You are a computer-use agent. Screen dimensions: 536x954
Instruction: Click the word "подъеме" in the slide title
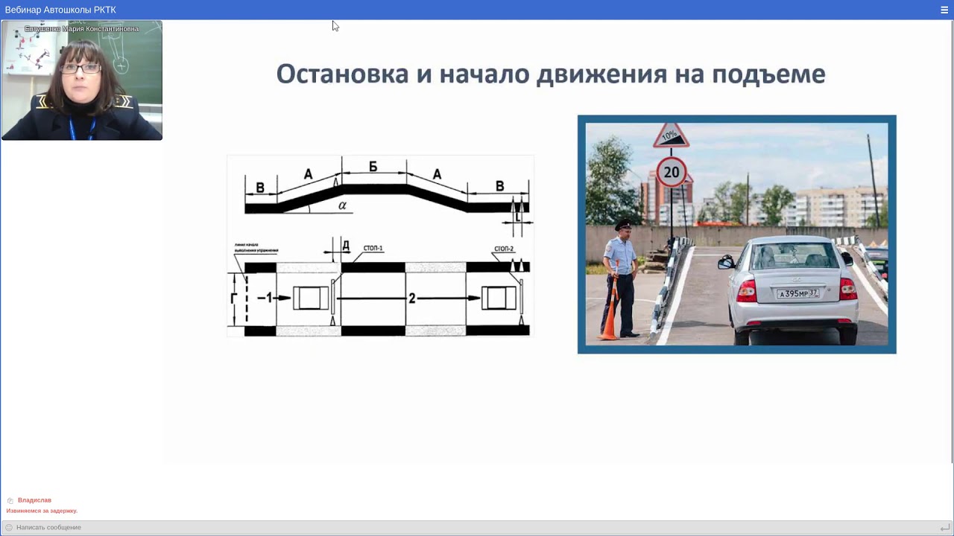coord(768,74)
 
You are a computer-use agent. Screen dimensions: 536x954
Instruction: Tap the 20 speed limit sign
coord(672,173)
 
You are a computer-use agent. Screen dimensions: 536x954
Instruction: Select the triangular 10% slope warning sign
coord(671,136)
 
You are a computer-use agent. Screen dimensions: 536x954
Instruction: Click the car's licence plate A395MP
coord(797,293)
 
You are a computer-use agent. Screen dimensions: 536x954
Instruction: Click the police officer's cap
coord(622,223)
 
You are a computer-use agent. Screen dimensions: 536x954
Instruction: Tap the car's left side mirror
coord(726,261)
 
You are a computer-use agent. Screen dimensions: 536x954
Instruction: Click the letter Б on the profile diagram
coord(373,167)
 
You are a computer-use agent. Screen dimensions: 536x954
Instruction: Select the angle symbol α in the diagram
coord(343,205)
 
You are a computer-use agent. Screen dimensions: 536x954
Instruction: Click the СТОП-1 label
coord(373,249)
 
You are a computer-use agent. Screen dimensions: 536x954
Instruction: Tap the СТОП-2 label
coord(504,249)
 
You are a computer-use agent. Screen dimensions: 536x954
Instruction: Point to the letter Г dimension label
coord(234,299)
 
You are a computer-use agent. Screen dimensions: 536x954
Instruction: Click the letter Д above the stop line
coord(345,245)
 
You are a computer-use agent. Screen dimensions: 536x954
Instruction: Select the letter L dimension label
coord(518,218)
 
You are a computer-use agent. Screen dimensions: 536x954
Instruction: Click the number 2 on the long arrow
coord(411,299)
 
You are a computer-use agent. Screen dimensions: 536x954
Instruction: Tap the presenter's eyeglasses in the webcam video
coord(80,68)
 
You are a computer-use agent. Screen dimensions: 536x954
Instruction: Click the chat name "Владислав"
coord(34,500)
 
